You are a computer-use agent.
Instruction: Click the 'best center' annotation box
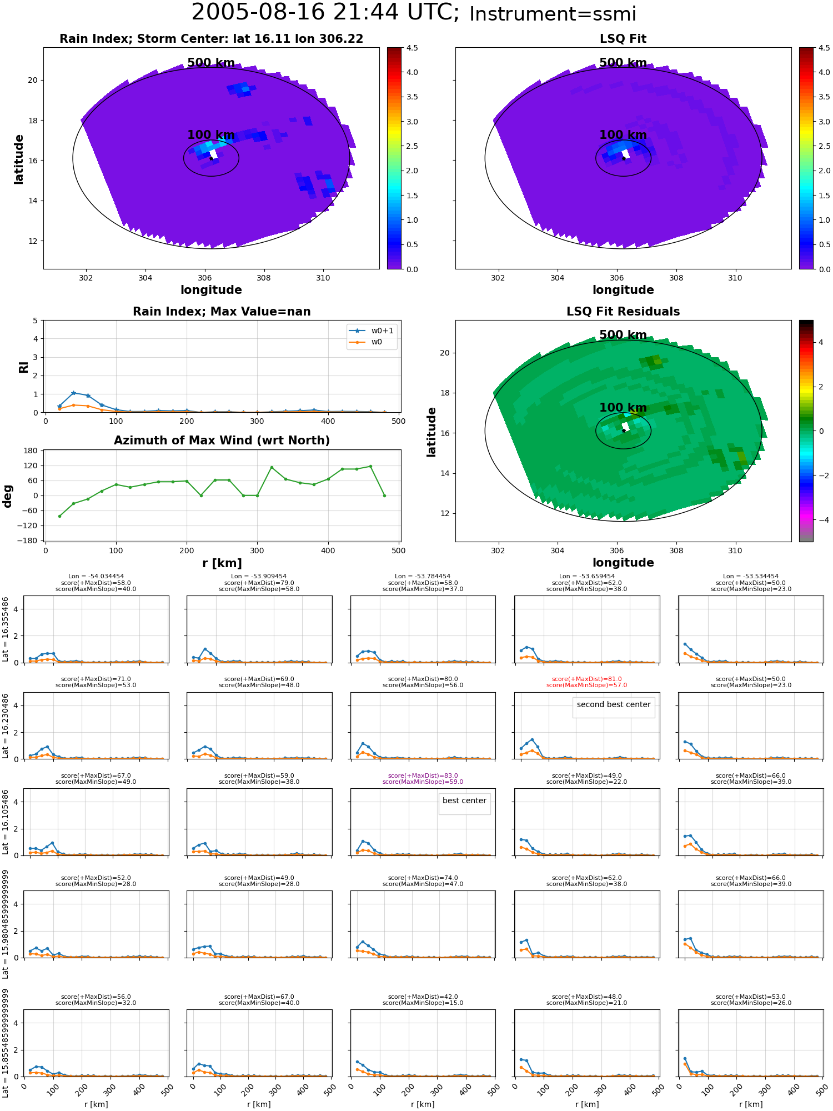pyautogui.click(x=464, y=801)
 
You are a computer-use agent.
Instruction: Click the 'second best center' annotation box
pyautogui.click(x=614, y=705)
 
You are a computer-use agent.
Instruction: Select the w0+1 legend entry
pyautogui.click(x=372, y=331)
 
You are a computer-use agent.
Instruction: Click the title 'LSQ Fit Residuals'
pyautogui.click(x=623, y=312)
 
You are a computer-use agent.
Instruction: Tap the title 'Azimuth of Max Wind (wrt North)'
pyautogui.click(x=222, y=441)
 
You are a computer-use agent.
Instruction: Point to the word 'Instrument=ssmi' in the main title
pyautogui.click(x=553, y=14)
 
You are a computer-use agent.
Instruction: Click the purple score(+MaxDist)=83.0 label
pyautogui.click(x=423, y=775)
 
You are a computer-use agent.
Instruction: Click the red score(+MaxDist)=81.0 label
pyautogui.click(x=586, y=679)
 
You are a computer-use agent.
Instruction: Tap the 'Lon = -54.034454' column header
pyautogui.click(x=96, y=576)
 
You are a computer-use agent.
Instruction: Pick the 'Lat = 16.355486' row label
pyautogui.click(x=6, y=629)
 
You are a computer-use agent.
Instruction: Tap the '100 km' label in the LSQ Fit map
pyautogui.click(x=623, y=135)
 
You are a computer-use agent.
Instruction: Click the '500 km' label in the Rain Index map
pyautogui.click(x=211, y=63)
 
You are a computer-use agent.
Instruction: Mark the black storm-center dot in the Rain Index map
pyautogui.click(x=211, y=158)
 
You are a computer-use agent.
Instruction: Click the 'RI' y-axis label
pyautogui.click(x=23, y=367)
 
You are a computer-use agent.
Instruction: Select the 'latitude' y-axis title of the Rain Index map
pyautogui.click(x=19, y=159)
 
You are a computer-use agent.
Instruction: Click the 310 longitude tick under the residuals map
pyautogui.click(x=735, y=551)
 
